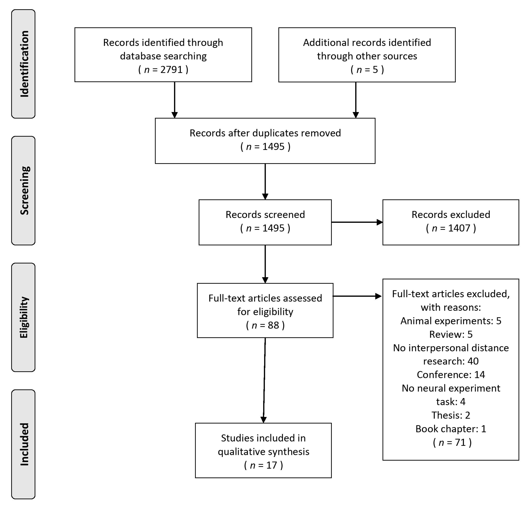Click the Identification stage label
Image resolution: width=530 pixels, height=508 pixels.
point(24,64)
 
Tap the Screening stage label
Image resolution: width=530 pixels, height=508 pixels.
point(24,190)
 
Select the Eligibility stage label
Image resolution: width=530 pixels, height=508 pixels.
point(24,317)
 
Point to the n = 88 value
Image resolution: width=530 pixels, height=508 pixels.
point(265,325)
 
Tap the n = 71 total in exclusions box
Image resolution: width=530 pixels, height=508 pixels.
point(452,442)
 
